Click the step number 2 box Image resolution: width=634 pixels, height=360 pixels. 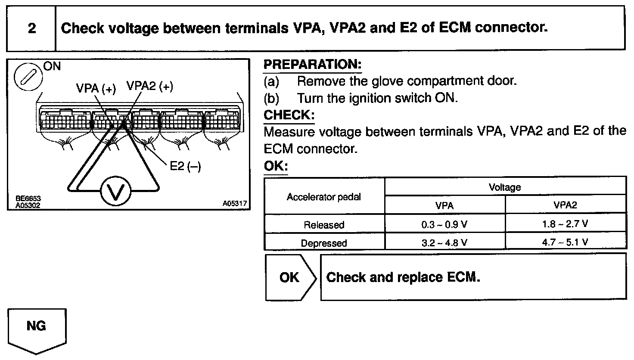[x=31, y=29]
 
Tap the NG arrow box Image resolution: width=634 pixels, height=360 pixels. [x=37, y=329]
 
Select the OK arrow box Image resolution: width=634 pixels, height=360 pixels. [x=290, y=277]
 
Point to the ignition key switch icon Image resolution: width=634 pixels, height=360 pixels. [x=28, y=77]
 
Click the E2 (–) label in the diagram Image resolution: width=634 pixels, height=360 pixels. [x=185, y=166]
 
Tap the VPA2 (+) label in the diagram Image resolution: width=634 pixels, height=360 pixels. [x=149, y=87]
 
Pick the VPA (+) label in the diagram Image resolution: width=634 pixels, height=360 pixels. [x=96, y=88]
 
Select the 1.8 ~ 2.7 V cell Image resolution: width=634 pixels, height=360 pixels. [x=565, y=224]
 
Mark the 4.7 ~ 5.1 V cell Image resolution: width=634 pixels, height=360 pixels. [x=565, y=242]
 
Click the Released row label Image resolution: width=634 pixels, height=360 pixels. [x=324, y=224]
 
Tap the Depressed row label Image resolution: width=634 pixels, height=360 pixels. [x=324, y=243]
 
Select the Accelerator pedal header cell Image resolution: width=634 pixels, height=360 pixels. [x=324, y=197]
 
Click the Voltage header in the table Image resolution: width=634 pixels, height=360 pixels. [x=504, y=187]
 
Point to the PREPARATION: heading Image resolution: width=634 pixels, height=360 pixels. [x=312, y=65]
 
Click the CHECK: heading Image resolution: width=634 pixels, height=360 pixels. [x=289, y=115]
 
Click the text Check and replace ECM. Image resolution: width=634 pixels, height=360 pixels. [x=403, y=277]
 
